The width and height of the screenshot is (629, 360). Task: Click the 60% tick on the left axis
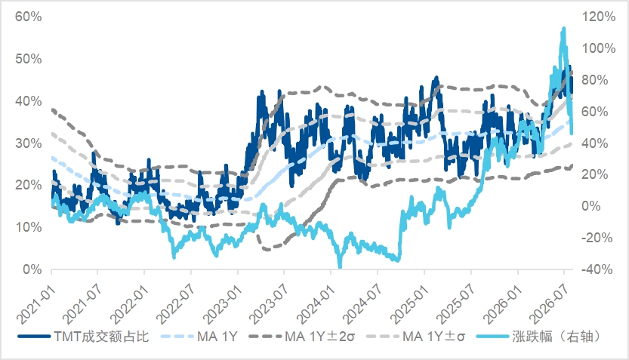coord(28,17)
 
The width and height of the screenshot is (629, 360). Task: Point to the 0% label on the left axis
coord(32,269)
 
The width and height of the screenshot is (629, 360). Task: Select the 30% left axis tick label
coord(28,143)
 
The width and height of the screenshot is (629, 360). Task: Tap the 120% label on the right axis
coord(599,17)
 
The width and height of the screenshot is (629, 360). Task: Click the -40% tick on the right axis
coord(597,269)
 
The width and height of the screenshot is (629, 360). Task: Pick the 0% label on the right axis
coord(591,206)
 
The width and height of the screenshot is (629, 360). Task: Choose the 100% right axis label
coord(599,48)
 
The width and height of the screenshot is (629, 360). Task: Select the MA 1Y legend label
coord(199,337)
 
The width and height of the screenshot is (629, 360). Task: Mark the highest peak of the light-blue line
coord(563,29)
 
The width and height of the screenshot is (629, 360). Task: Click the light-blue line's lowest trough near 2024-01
coord(340,266)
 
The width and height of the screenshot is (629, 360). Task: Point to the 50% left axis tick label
coord(28,59)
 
